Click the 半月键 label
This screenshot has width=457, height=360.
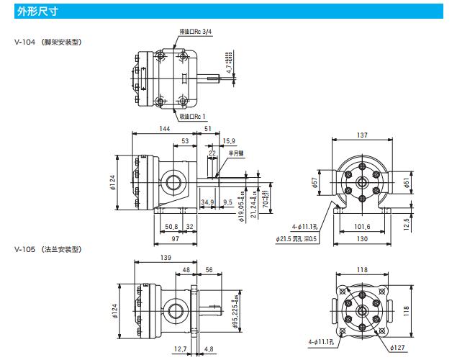point(235,153)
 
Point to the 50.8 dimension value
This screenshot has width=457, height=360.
point(171,226)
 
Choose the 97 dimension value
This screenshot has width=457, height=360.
point(175,240)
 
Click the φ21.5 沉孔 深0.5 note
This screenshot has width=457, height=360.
point(300,238)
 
